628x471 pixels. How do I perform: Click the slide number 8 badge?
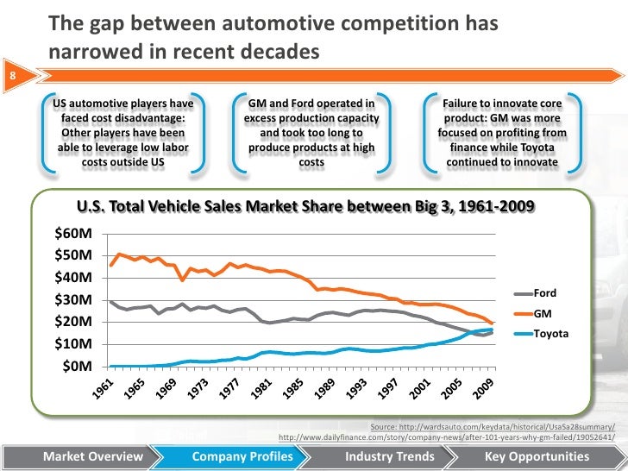coord(11,75)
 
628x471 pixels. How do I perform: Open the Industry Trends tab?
coord(384,455)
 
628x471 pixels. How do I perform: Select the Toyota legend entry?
coord(550,332)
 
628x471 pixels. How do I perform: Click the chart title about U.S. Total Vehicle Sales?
coord(305,206)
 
